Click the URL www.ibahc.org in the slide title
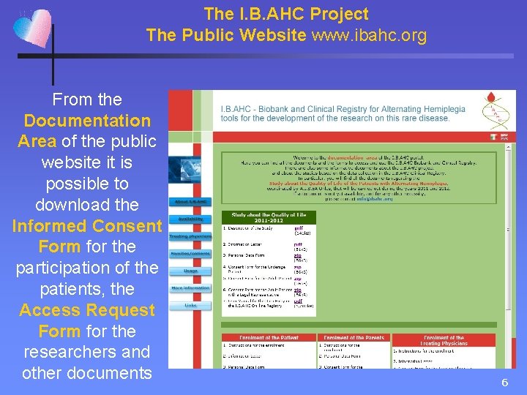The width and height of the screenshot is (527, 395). click(370, 34)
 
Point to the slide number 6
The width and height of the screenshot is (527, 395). click(504, 383)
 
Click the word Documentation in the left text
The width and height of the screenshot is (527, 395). click(87, 121)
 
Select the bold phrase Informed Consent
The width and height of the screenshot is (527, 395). click(87, 226)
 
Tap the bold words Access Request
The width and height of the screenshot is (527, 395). click(87, 310)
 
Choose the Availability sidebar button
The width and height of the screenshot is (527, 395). click(190, 219)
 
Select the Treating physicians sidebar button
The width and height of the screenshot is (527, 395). click(190, 236)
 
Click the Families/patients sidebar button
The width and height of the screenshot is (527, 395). click(190, 253)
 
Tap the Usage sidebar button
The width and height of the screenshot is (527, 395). click(190, 271)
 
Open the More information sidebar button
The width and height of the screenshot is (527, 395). click(190, 288)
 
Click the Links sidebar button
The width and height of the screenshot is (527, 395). click(190, 305)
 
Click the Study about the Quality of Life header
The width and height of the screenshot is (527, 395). click(269, 217)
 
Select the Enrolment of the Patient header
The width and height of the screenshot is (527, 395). click(269, 337)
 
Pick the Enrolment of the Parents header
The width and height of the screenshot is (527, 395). click(354, 337)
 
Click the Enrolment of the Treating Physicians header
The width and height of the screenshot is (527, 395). click(443, 340)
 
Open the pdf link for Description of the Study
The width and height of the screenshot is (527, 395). click(298, 228)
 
